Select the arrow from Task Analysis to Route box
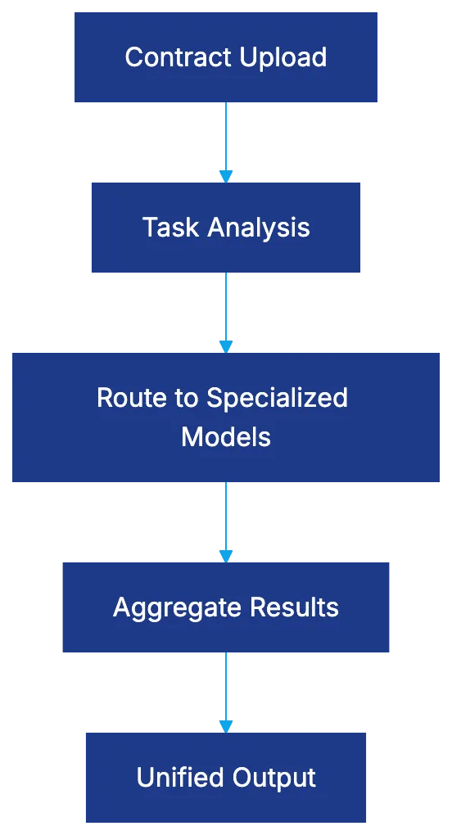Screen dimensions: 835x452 pyautogui.click(x=226, y=311)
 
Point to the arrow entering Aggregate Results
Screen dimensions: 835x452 pyautogui.click(x=226, y=520)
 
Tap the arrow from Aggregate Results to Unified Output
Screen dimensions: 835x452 pyautogui.click(x=226, y=690)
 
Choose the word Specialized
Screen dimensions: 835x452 pyautogui.click(x=277, y=398)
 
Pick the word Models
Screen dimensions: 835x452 pyautogui.click(x=226, y=436)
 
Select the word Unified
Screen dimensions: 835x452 pyautogui.click(x=174, y=777)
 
